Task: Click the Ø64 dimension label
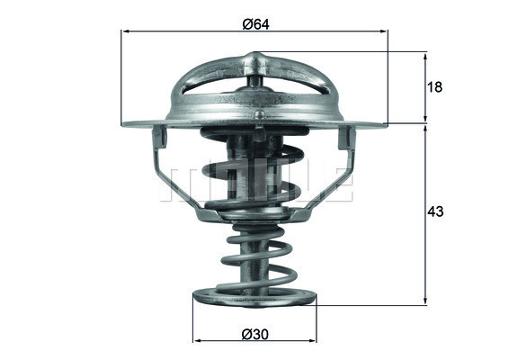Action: click(x=254, y=23)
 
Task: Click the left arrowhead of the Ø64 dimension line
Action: click(x=125, y=31)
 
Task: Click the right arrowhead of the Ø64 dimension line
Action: click(x=384, y=31)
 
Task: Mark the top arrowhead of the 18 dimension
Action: click(x=425, y=55)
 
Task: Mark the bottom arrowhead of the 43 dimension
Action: click(x=425, y=301)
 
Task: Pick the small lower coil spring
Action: click(x=255, y=256)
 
